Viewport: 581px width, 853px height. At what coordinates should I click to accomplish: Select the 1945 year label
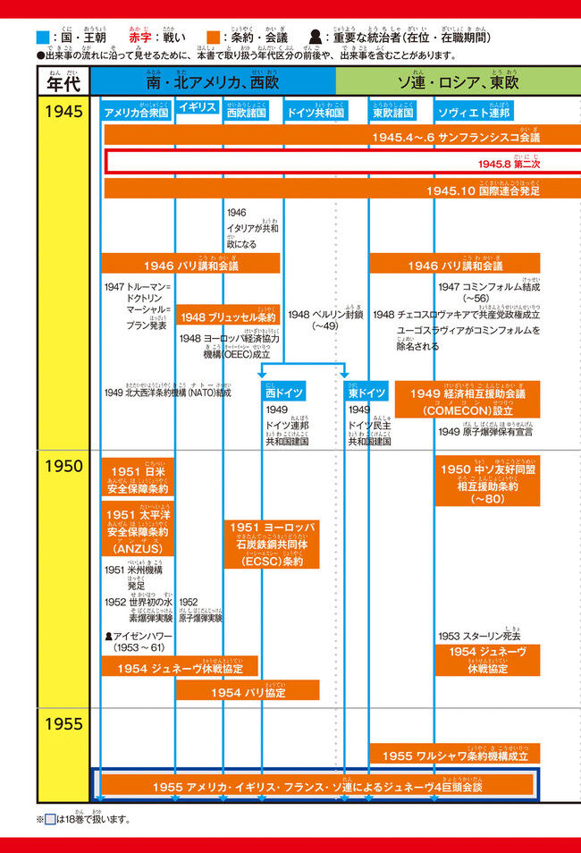pos(63,112)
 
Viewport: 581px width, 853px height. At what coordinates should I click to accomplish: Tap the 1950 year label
pos(63,466)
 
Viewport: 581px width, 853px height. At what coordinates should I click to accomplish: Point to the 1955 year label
pos(63,722)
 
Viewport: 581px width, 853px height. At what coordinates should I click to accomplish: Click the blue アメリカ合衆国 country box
pos(137,114)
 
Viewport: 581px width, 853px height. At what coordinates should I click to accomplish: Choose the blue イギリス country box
pos(198,107)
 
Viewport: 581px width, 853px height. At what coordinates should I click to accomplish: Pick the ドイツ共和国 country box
pos(316,114)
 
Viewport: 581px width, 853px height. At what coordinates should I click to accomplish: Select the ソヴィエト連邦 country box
pos(474,114)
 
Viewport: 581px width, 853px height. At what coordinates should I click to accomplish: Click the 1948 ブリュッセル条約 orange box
pos(230,317)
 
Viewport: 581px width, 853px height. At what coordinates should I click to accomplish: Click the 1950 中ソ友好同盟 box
pos(488,480)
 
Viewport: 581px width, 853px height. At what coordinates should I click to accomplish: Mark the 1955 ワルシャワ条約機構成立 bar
pos(455,756)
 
